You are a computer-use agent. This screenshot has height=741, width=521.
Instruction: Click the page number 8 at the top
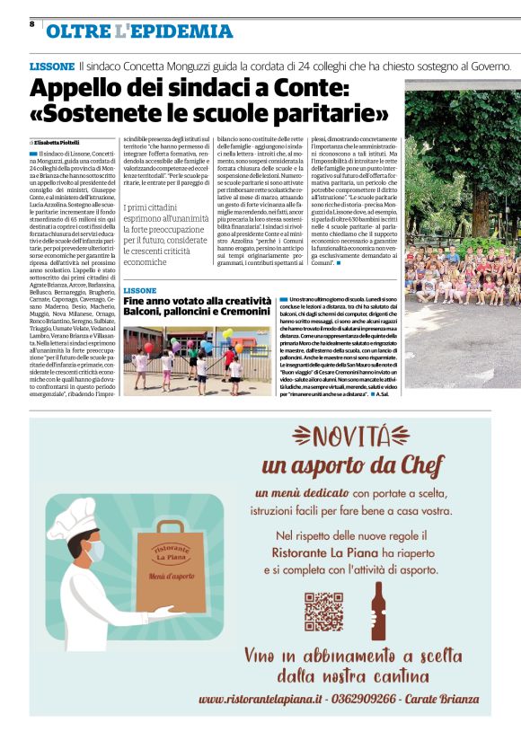click(x=31, y=24)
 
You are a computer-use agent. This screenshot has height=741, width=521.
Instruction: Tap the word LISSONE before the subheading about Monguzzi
click(x=52, y=66)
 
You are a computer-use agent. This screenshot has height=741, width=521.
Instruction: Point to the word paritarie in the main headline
click(x=323, y=116)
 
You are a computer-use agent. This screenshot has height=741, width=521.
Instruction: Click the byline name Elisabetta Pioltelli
click(x=59, y=142)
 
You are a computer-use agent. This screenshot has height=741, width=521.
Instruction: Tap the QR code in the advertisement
click(x=323, y=611)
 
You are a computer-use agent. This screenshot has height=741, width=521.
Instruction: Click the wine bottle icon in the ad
click(x=377, y=610)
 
